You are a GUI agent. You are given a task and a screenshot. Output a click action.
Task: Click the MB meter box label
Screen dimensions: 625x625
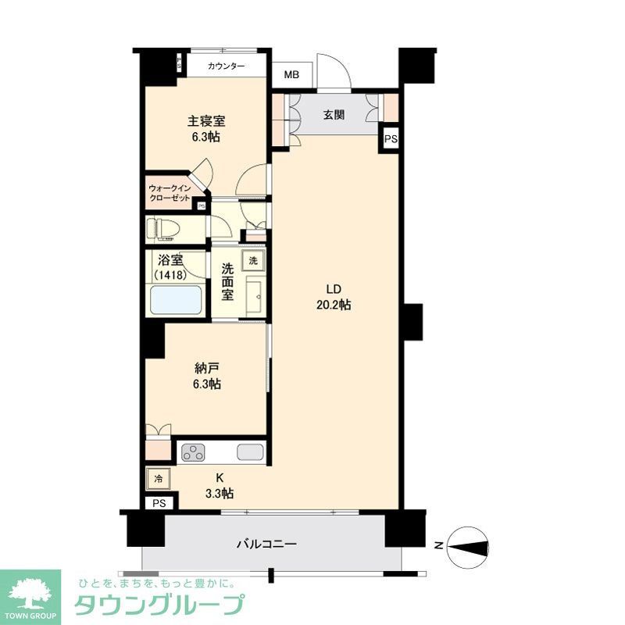point(291,76)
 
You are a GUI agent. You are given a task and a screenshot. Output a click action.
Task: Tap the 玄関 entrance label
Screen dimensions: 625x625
point(334,116)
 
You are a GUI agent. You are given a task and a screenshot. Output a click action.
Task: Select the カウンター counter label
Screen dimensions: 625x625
point(227,66)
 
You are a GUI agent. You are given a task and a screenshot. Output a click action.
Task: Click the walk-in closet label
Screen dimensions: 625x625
point(170,193)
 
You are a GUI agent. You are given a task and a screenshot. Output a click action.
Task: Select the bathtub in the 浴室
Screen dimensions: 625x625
point(177,300)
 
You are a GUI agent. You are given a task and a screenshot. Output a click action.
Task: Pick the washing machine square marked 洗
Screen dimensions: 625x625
point(252,259)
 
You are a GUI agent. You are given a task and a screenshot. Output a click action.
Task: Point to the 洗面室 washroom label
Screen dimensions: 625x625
point(227,282)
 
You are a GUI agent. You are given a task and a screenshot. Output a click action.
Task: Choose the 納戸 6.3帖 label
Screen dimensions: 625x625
point(206,376)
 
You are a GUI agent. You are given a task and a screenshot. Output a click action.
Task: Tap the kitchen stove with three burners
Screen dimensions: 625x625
point(194,452)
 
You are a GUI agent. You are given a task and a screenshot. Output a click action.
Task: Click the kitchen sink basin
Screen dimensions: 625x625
point(251,452)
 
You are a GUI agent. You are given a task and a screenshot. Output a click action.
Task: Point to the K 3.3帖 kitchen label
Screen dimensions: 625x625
point(220,486)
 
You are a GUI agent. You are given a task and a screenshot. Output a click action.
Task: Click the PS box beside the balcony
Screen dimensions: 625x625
point(159,503)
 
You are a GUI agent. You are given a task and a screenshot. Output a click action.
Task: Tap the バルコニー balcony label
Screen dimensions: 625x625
point(266,544)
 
